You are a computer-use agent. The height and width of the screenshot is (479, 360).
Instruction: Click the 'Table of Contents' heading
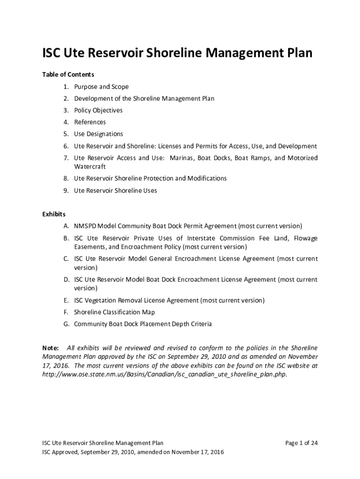(68, 74)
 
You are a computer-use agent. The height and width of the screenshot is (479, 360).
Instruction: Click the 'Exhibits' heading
(54, 214)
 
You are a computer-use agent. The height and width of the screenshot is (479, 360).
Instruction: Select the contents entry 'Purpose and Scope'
(101, 87)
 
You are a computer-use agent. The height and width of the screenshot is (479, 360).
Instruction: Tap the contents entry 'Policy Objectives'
(98, 110)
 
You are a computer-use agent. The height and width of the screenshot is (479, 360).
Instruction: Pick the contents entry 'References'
(90, 122)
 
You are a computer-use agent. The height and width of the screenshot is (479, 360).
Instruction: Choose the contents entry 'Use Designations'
(98, 134)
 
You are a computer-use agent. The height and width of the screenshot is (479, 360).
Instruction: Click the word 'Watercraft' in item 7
(90, 167)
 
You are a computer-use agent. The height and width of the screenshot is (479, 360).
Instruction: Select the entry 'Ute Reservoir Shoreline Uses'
(115, 190)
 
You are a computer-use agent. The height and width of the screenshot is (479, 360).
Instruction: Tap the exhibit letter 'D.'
(67, 280)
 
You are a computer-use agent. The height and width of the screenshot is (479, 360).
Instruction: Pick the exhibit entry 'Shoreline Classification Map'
(114, 312)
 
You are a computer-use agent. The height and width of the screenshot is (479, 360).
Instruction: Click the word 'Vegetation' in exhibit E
(102, 300)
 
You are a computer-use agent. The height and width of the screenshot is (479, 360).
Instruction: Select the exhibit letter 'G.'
(67, 324)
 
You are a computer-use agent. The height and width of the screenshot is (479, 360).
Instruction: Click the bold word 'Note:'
(50, 348)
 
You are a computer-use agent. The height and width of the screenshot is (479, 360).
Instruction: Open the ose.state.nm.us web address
(164, 375)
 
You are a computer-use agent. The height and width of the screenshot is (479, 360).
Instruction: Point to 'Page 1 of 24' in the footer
(301, 443)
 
